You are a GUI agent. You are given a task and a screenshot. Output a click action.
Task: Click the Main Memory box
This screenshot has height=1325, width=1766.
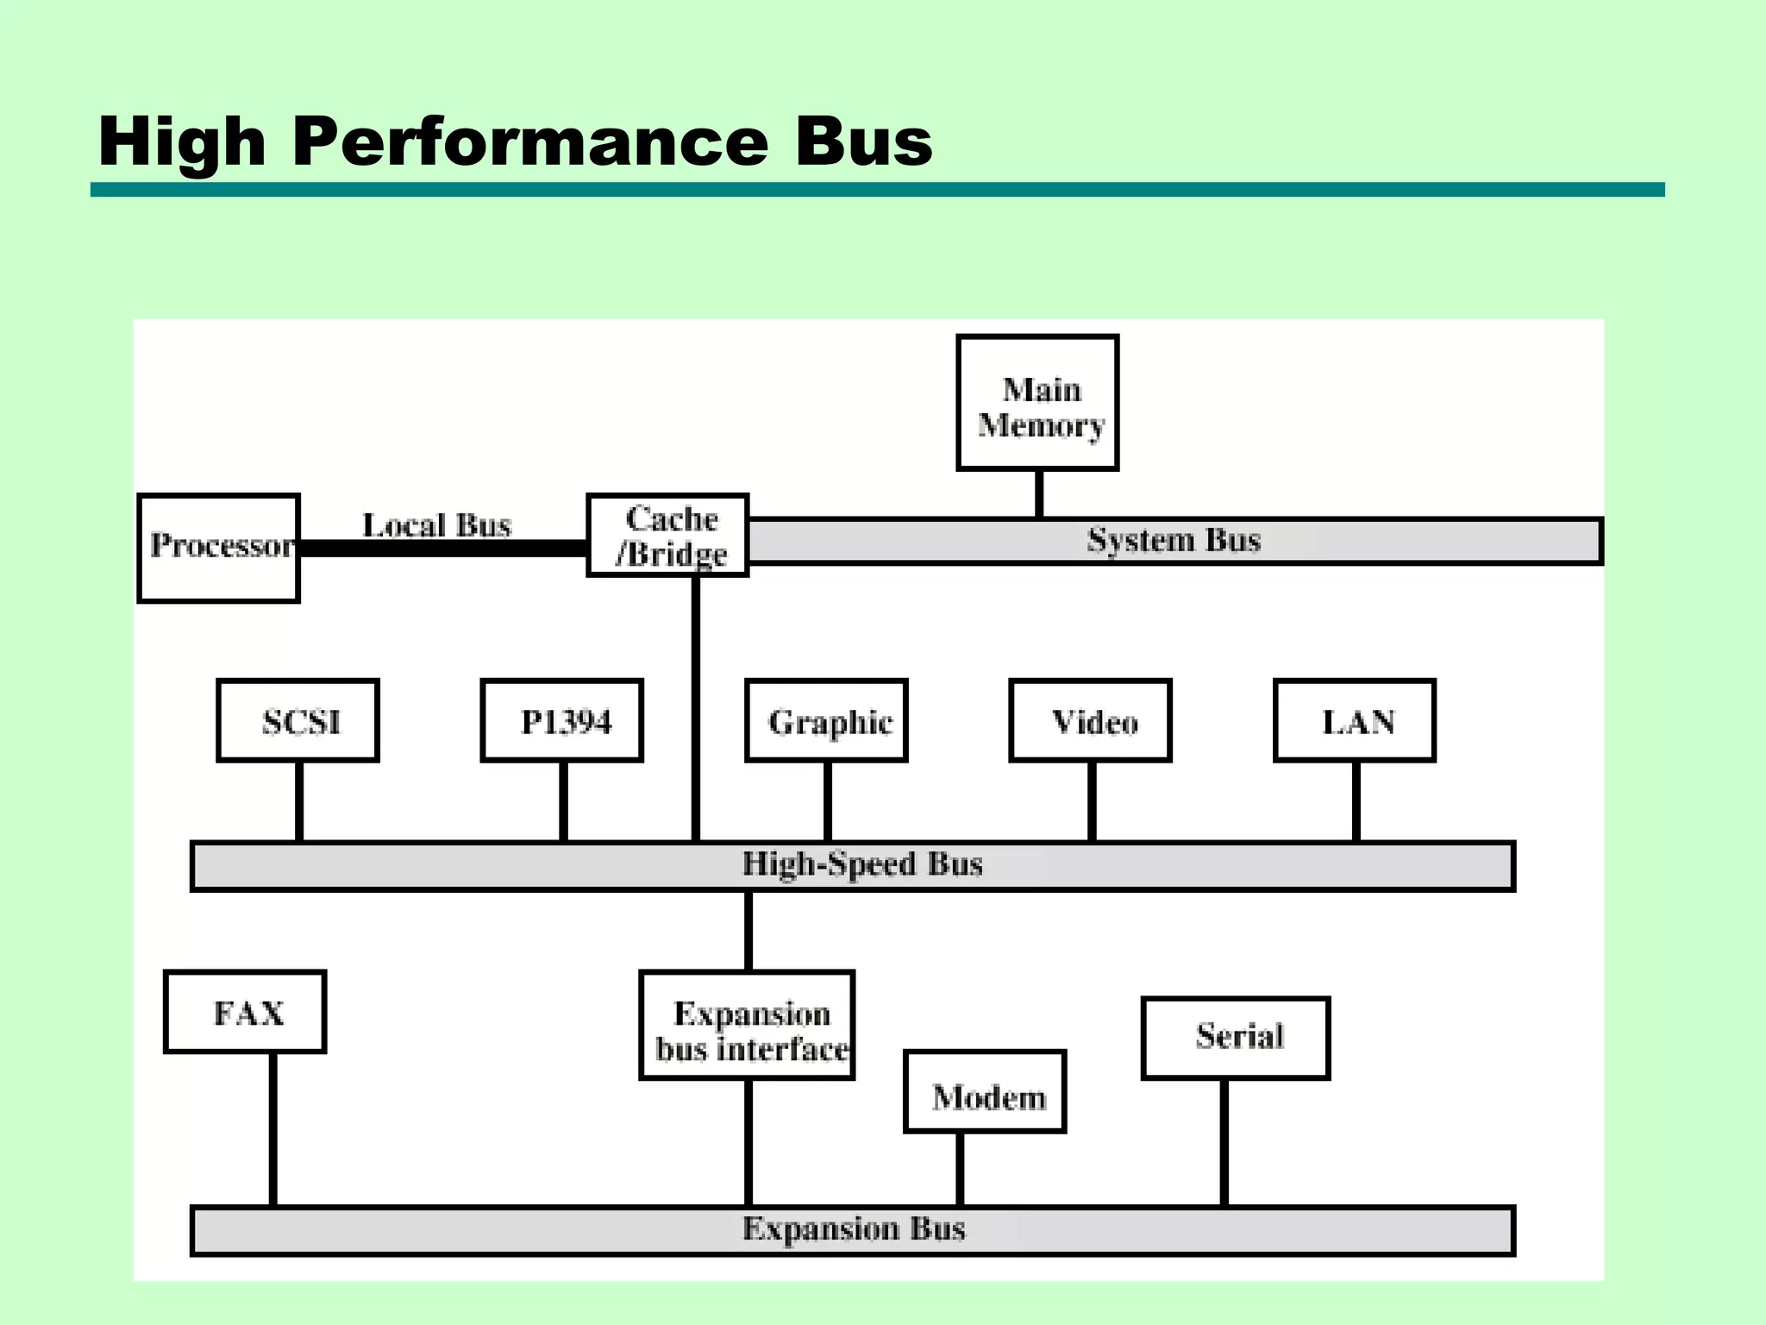tap(1037, 403)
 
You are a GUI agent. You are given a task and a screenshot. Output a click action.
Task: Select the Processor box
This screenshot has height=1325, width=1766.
tap(219, 548)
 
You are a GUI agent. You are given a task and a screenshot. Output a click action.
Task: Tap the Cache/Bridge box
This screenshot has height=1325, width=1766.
tap(668, 536)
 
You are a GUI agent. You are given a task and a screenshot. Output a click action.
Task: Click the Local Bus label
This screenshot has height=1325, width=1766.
tap(436, 525)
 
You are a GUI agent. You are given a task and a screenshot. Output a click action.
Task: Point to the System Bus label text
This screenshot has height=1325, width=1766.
tap(1174, 541)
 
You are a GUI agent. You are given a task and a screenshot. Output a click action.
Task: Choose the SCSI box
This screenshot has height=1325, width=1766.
tap(298, 721)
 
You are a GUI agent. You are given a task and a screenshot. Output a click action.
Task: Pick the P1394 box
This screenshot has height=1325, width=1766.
tap(562, 721)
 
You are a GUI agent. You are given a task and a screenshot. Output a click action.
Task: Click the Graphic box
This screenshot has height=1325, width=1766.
tap(827, 721)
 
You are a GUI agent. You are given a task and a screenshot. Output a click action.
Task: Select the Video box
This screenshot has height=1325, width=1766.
tap(1091, 721)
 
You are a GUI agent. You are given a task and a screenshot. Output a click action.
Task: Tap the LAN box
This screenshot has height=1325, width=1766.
tap(1355, 721)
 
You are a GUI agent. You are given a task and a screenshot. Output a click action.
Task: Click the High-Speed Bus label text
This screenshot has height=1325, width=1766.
tap(862, 864)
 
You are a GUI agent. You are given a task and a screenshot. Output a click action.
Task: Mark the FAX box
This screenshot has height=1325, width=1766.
tap(245, 1013)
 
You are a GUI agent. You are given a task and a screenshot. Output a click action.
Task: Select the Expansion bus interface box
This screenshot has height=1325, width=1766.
tap(748, 1026)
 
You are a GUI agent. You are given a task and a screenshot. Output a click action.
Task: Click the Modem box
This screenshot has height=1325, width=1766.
tap(986, 1092)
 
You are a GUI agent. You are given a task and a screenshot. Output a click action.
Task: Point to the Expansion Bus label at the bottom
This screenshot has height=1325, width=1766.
tap(854, 1229)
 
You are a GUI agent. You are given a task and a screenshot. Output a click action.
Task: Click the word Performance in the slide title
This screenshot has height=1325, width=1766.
tap(529, 142)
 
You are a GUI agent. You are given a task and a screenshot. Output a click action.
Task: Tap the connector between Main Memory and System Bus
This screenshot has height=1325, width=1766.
tap(1039, 494)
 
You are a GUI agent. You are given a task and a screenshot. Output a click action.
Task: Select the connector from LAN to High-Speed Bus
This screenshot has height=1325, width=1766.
tap(1356, 801)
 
